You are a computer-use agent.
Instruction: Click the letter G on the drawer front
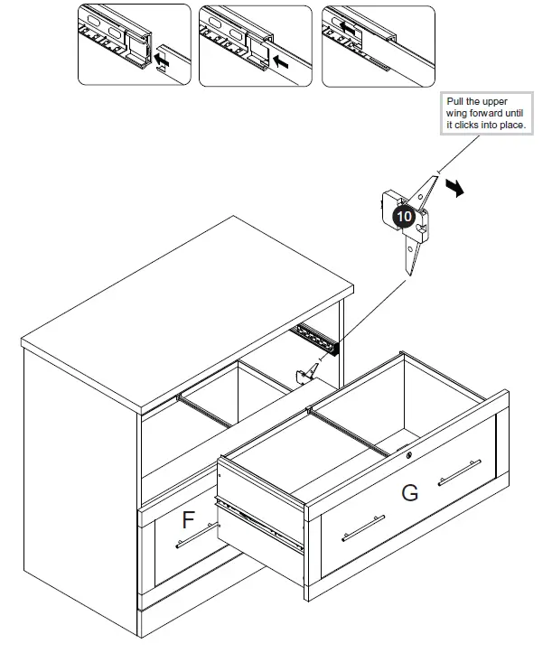pos(409,493)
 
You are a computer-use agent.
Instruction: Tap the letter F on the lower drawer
pos(189,519)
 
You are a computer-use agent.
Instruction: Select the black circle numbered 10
pos(404,217)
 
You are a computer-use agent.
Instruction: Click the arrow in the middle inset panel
pos(282,63)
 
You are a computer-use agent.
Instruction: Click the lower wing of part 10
pos(412,257)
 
